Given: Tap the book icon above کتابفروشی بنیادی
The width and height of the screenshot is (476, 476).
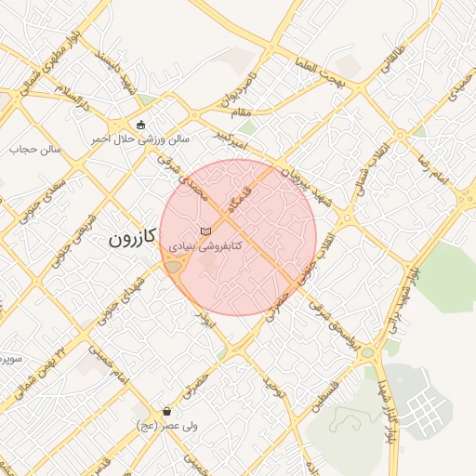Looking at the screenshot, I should [x=205, y=231].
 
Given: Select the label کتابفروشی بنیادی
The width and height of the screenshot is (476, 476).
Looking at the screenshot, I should [x=205, y=246].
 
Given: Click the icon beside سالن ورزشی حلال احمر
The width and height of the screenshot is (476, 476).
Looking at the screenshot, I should [x=140, y=125].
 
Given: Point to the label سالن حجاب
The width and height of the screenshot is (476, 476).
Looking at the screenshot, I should [x=35, y=148].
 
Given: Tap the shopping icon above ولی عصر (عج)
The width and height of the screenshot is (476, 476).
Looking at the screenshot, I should [x=166, y=411].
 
